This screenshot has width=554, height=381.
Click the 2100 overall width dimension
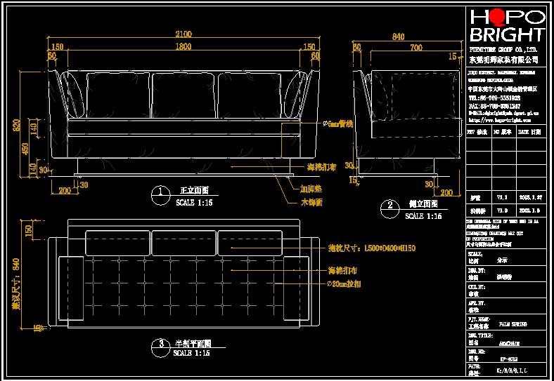[x=183, y=34]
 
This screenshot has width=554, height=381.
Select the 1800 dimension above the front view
[x=183, y=47]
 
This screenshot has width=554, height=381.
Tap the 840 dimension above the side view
[x=398, y=36]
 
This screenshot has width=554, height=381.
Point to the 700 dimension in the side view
[x=416, y=47]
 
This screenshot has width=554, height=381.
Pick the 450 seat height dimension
[x=25, y=149]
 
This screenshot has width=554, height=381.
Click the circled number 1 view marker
[x=160, y=191]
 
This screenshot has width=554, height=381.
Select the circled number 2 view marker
[x=389, y=206]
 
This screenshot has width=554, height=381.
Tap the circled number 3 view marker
[x=161, y=344]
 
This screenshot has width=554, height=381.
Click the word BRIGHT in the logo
[x=506, y=34]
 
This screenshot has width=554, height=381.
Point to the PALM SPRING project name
[x=514, y=324]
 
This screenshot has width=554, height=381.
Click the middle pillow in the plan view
[x=183, y=243]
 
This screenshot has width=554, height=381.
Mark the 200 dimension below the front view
[x=65, y=190]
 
